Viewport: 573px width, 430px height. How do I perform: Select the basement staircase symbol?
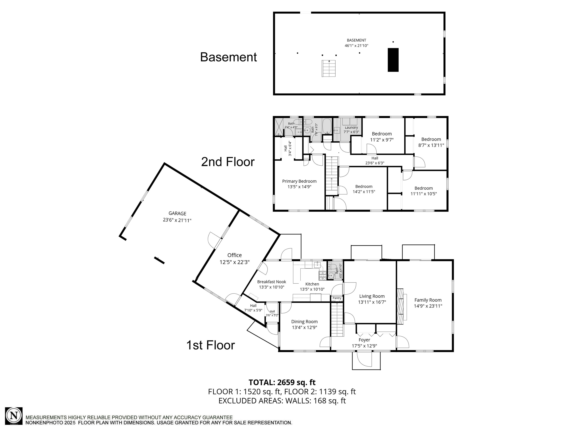(x=328, y=69)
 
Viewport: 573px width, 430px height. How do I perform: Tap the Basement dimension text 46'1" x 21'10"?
(x=356, y=46)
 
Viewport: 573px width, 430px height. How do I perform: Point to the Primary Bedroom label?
(x=299, y=181)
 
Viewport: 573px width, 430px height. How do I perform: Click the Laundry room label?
(x=351, y=128)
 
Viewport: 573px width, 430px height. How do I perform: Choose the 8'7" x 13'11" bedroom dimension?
(x=431, y=145)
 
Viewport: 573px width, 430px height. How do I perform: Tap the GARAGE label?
(x=177, y=213)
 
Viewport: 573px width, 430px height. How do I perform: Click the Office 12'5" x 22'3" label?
(x=234, y=259)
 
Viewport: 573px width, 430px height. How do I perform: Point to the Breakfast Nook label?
(x=271, y=282)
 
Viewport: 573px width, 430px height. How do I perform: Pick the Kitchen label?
(x=312, y=284)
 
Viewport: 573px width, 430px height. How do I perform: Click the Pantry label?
(x=337, y=298)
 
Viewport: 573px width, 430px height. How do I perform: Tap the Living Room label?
(x=372, y=296)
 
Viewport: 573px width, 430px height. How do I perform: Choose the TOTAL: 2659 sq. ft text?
(x=282, y=382)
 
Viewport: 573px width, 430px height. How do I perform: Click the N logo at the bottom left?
(x=14, y=416)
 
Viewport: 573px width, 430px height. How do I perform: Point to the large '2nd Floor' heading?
(x=228, y=162)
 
